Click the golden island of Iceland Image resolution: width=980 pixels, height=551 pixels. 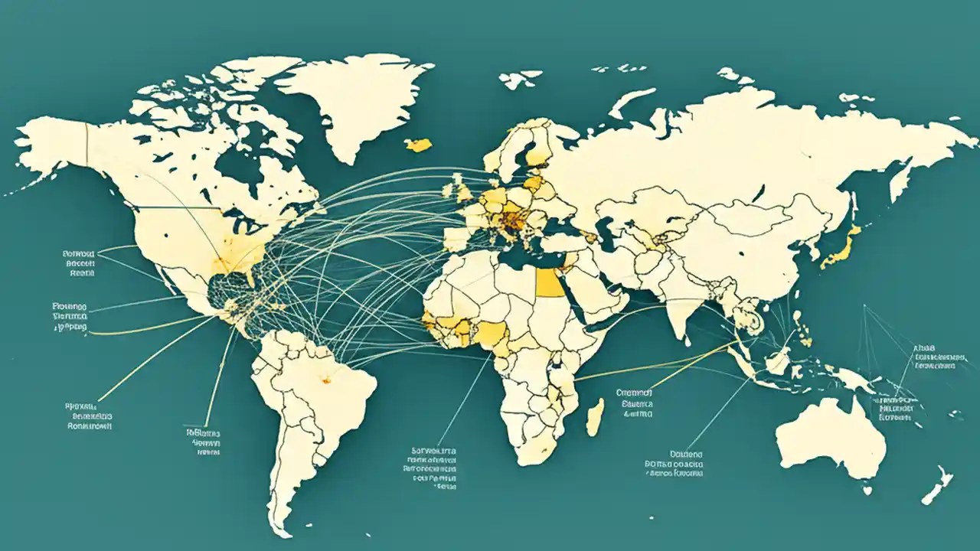[x=419, y=144]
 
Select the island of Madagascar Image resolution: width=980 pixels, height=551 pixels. [x=595, y=416]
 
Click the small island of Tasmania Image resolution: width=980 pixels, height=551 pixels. [x=867, y=487]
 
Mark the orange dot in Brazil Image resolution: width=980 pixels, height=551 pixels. [x=326, y=377]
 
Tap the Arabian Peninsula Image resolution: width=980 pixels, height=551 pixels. [x=605, y=295]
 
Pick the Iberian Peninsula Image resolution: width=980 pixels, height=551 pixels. [x=457, y=235]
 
